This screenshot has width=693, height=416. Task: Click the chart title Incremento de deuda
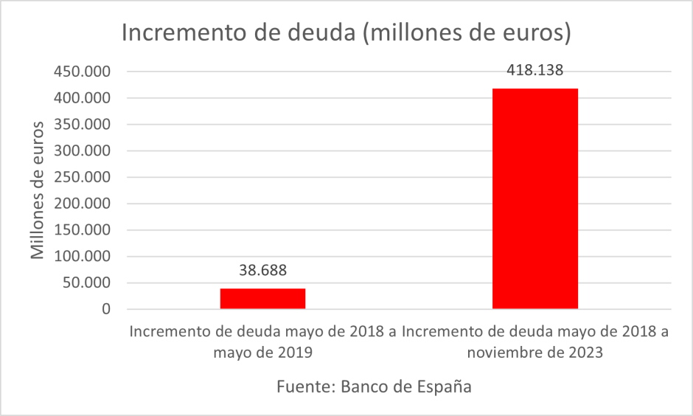coord(346,34)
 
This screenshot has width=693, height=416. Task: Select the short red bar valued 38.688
coord(262,299)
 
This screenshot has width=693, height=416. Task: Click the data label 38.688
coord(262,270)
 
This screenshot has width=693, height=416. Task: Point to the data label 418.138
coord(534,71)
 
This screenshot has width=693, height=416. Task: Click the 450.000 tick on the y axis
coord(80,72)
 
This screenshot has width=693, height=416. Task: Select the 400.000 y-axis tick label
coord(80,98)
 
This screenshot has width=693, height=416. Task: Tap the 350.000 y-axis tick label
coord(80,125)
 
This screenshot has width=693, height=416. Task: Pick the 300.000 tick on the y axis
coord(80,151)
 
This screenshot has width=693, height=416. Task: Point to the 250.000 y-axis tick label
coord(80,178)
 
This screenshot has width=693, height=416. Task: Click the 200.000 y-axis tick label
coord(80,204)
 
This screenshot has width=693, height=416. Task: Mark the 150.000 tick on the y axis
coord(80,230)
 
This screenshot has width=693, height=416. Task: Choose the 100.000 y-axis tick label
coord(80,257)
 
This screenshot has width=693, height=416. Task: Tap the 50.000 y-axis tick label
coord(84,283)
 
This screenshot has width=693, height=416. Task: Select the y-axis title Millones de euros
coord(37,190)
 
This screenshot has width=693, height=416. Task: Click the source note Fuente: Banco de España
coord(374,386)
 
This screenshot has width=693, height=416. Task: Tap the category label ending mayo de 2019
coord(262,342)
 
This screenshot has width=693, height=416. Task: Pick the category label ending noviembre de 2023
coord(534,342)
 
